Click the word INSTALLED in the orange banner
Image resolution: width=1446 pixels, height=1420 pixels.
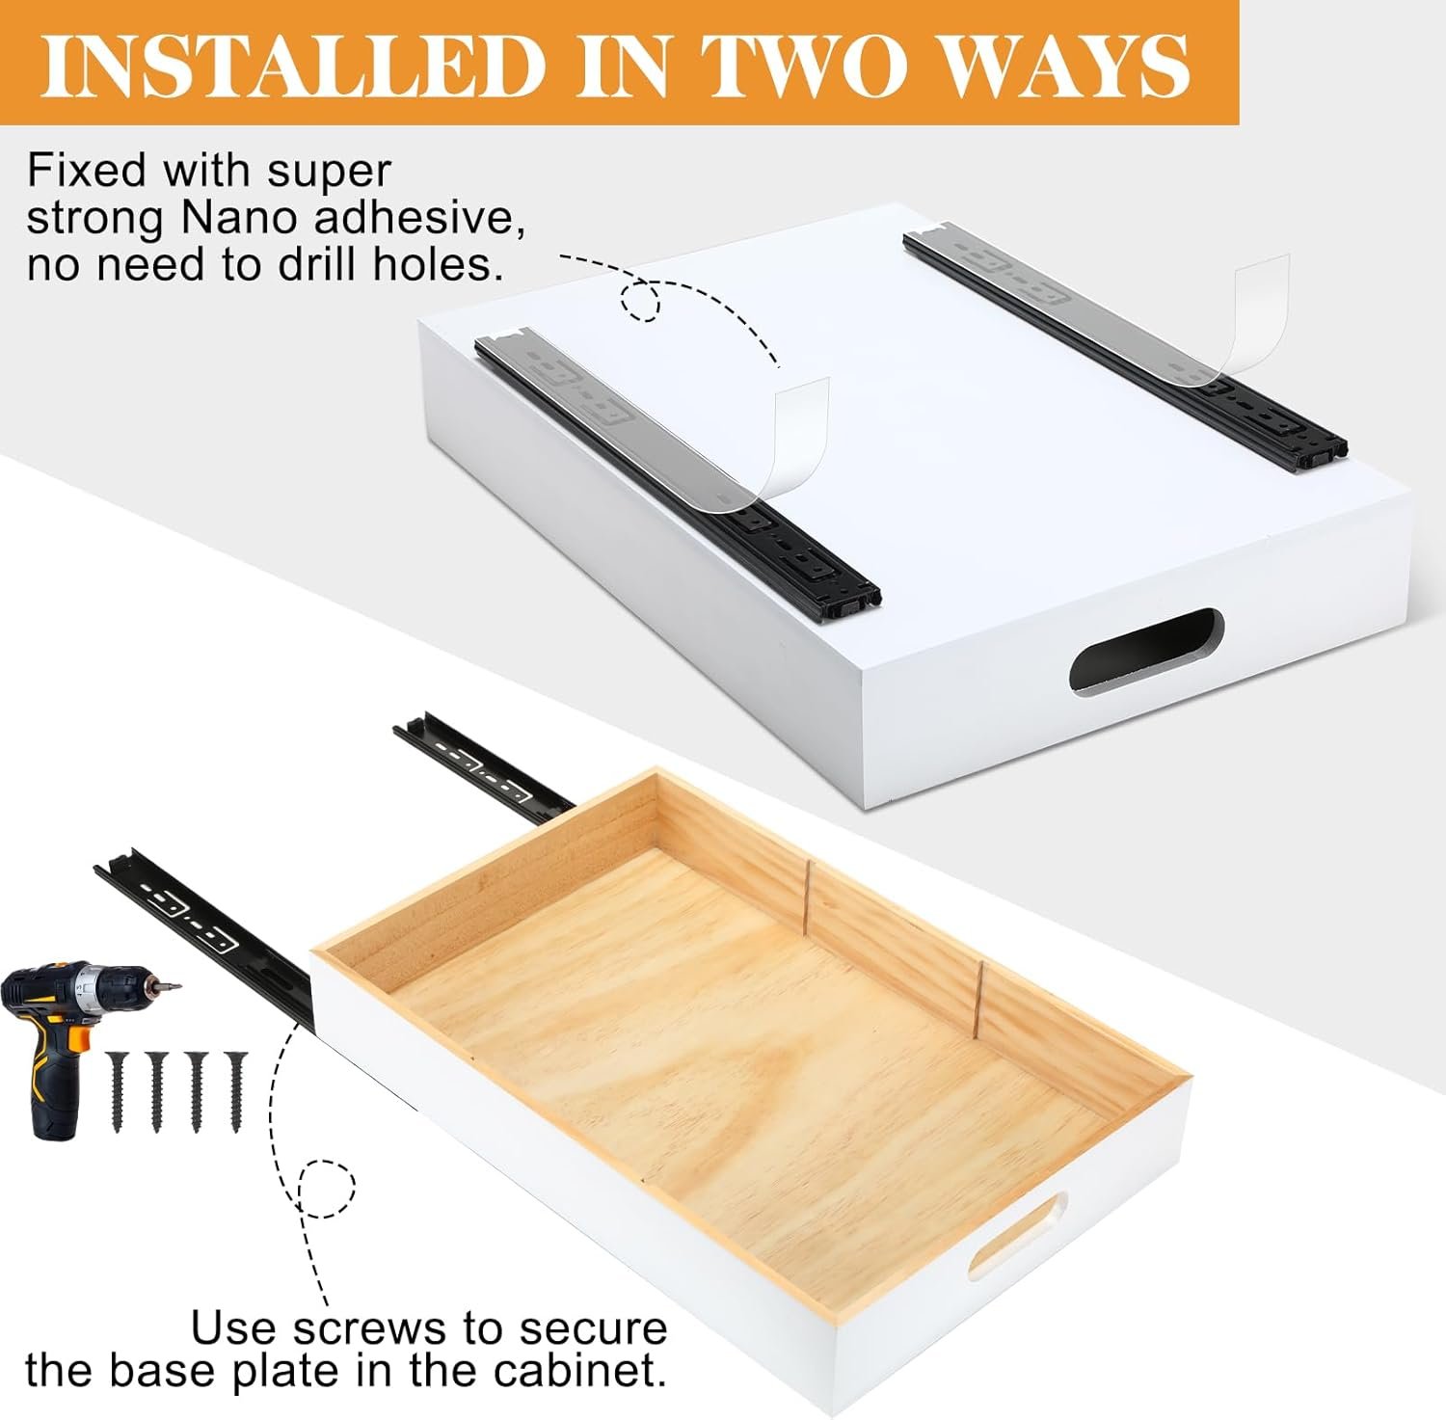pos(293,67)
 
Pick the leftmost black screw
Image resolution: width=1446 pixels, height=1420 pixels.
pos(119,1092)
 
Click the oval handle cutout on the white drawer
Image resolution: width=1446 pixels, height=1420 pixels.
pos(1147,651)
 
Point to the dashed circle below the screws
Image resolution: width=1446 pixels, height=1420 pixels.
pos(326,1189)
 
